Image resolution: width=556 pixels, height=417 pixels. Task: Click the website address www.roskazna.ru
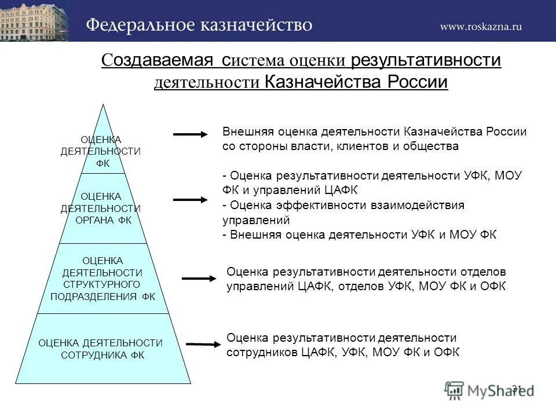point(481,26)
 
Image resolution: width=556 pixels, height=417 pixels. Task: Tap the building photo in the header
point(34,20)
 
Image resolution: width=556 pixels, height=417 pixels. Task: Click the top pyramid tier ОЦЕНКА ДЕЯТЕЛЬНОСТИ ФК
point(102,151)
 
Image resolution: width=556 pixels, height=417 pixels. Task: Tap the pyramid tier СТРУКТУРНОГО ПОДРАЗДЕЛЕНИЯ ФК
point(103,279)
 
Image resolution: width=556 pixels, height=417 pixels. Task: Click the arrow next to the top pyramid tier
point(190,134)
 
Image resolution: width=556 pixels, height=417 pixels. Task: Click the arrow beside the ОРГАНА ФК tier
point(190,199)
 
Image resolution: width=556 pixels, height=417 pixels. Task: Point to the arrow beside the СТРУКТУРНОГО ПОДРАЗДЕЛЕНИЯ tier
point(199,279)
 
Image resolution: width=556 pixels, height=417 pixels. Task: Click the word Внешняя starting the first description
point(248,131)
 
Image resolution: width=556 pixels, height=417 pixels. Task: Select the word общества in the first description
point(429,146)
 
